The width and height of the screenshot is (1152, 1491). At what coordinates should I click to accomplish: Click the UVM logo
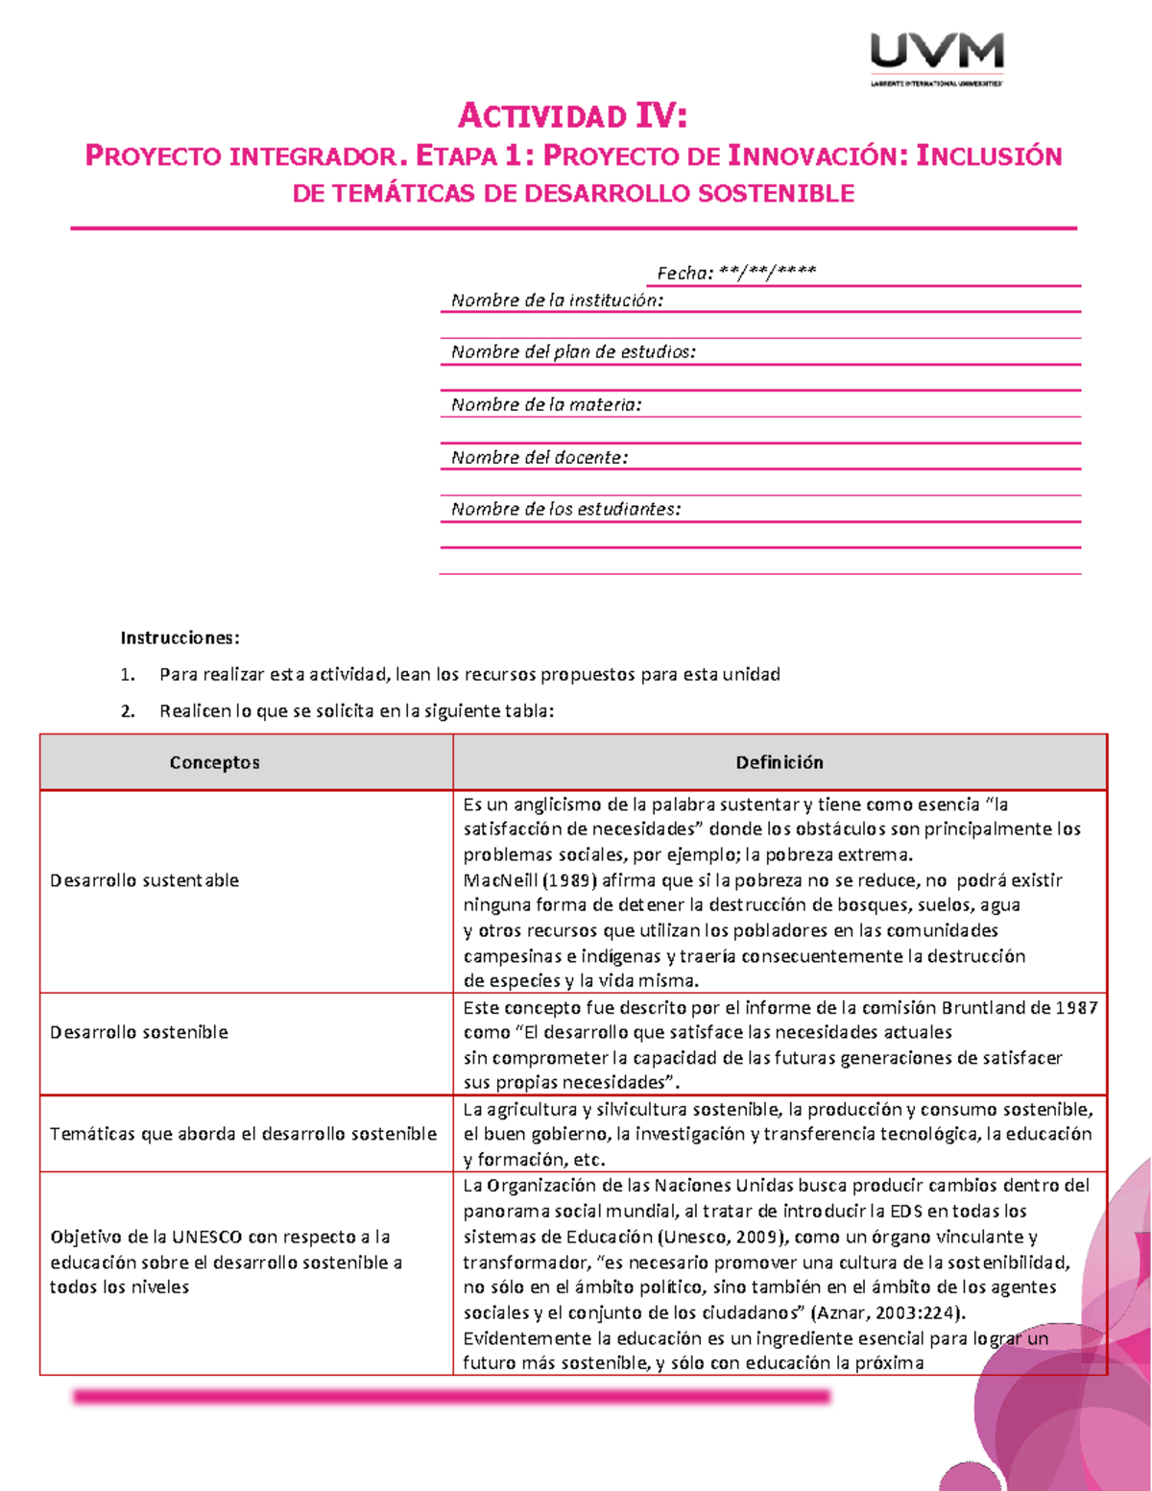point(936,58)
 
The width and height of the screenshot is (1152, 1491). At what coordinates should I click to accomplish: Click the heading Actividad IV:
point(573,116)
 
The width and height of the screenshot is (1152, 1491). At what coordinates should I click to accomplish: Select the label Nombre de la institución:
point(557,301)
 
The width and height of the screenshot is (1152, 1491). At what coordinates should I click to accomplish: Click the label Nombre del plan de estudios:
point(573,352)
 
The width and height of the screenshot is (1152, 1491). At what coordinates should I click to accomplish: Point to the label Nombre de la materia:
point(546,405)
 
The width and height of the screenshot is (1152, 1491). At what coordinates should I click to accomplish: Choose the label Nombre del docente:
point(540,458)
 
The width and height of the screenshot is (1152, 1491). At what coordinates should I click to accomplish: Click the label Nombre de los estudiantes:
point(565,510)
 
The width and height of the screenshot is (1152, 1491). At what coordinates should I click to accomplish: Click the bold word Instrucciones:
point(180,637)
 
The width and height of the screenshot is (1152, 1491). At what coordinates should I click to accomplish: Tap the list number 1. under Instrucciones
point(128,675)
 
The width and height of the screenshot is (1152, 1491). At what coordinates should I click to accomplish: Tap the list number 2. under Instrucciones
point(128,711)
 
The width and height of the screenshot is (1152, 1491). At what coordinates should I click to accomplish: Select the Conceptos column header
point(214,762)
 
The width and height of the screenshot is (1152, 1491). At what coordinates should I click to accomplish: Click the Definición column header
point(779,762)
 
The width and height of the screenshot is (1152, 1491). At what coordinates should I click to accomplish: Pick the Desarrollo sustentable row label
point(144,880)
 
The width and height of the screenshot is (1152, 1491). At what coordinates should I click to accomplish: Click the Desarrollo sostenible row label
point(139,1032)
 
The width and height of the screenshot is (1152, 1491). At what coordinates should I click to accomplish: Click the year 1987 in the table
point(1076,1008)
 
